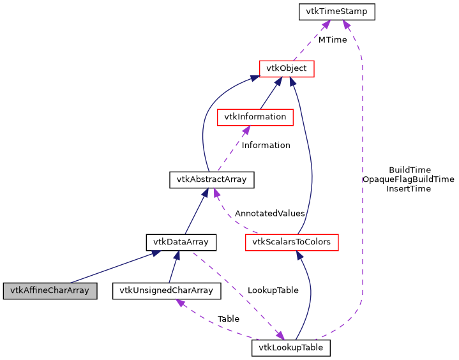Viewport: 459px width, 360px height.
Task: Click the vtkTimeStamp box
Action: click(x=336, y=11)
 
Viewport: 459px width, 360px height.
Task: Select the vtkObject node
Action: click(x=287, y=68)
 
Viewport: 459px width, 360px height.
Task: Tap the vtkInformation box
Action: click(x=255, y=117)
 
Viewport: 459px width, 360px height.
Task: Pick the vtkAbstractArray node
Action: click(x=211, y=180)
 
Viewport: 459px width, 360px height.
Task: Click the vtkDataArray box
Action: click(x=181, y=243)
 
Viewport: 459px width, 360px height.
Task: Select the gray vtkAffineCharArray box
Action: click(x=49, y=291)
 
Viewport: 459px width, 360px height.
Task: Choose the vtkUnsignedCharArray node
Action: click(x=167, y=291)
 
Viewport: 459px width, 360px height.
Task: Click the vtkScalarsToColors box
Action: click(x=292, y=243)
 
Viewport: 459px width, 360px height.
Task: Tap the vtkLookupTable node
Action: click(x=291, y=348)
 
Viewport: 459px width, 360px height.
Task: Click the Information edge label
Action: click(x=266, y=145)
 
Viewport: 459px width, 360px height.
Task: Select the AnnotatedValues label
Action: click(x=269, y=213)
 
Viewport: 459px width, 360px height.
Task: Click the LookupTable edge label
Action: click(x=273, y=290)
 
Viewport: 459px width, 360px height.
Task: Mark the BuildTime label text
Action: click(x=409, y=170)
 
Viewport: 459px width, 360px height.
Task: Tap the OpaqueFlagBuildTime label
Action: click(x=408, y=179)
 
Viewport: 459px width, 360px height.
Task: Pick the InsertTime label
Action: click(x=409, y=188)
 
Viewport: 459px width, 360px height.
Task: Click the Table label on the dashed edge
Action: click(x=228, y=319)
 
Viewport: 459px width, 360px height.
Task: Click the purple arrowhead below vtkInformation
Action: click(x=245, y=130)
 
